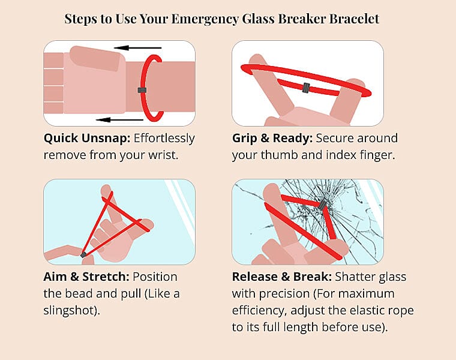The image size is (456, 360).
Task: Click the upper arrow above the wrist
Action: (137, 47)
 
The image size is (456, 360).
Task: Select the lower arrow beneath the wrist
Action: (119, 119)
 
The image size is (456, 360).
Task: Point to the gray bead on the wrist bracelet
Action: (142, 90)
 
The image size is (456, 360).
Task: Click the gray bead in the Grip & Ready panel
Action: (306, 88)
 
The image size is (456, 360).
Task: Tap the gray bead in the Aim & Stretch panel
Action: (83, 255)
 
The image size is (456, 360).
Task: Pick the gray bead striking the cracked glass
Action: (322, 205)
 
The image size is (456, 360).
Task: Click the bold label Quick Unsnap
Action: (86, 139)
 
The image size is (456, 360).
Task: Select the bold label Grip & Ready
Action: (272, 139)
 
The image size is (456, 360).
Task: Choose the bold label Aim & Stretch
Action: (86, 277)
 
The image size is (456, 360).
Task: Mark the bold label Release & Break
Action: (281, 277)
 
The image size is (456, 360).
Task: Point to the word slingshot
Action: (69, 311)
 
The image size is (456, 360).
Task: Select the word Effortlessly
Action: (164, 139)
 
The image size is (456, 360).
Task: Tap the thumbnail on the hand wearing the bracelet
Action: (95, 58)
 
